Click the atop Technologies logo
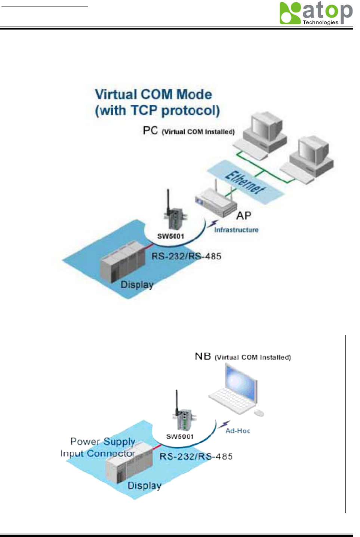click(316, 13)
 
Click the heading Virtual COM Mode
click(153, 94)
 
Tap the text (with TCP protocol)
click(157, 111)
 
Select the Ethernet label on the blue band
click(245, 182)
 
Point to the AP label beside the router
click(244, 216)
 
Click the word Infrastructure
click(236, 230)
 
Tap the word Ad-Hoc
click(238, 431)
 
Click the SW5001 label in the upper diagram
click(170, 236)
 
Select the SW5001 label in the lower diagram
click(180, 436)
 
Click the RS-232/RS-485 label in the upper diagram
click(186, 256)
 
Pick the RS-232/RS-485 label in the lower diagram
click(196, 457)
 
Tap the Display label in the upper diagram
click(137, 285)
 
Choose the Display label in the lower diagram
click(144, 485)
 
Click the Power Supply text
click(102, 442)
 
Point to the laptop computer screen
click(241, 381)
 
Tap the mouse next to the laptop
click(259, 413)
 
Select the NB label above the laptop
click(203, 356)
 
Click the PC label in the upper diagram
click(150, 131)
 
